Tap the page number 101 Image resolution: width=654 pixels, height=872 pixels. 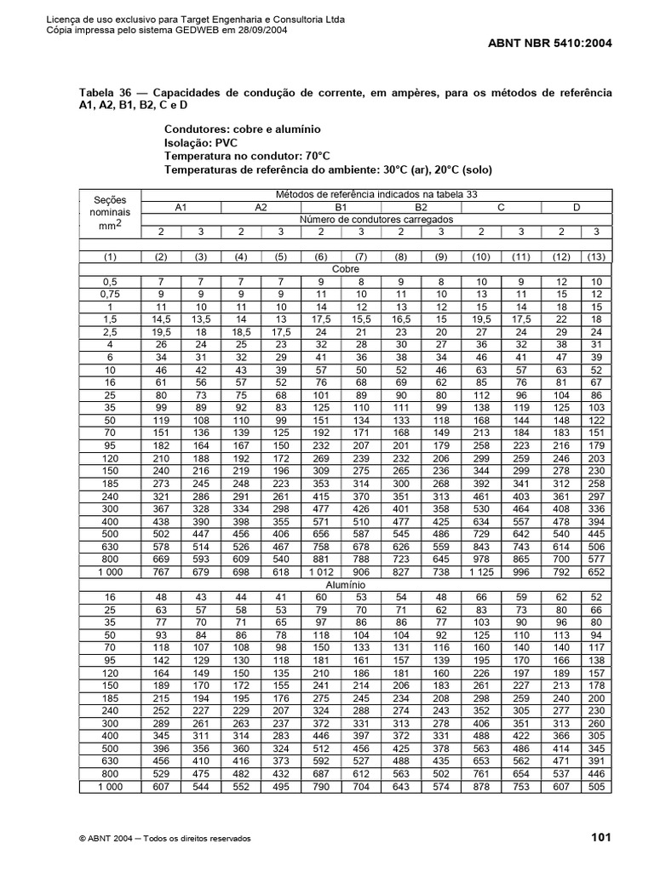(x=602, y=838)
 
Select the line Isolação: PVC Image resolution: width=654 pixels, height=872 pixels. (x=201, y=143)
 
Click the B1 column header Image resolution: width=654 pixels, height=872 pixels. (x=341, y=207)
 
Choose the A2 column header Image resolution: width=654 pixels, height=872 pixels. (x=261, y=207)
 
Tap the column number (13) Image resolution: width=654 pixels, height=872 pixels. (x=597, y=257)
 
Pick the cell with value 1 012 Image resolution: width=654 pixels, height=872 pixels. (x=321, y=572)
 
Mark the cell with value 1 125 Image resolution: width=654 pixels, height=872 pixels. (x=480, y=572)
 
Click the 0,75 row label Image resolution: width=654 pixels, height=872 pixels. (x=111, y=293)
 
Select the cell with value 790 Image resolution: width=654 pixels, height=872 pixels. (x=321, y=787)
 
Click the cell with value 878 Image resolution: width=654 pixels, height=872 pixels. (x=481, y=787)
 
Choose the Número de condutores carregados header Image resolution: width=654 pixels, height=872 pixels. (x=381, y=219)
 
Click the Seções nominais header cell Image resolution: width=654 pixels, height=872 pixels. (x=111, y=213)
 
